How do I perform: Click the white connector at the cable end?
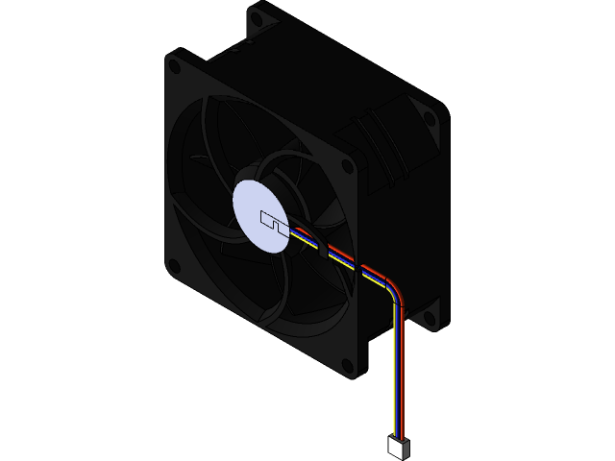[399, 446]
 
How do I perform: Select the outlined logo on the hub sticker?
[273, 222]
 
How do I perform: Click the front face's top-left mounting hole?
[174, 66]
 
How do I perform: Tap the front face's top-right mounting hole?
[347, 165]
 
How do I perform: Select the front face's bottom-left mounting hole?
[174, 266]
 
